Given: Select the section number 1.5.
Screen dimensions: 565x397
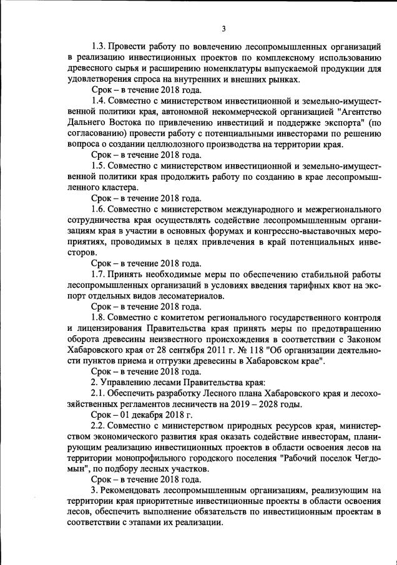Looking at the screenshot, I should (99, 166).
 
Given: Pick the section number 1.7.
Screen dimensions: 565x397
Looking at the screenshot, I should (99, 274).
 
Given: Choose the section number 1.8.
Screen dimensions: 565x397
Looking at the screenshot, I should (99, 317).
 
